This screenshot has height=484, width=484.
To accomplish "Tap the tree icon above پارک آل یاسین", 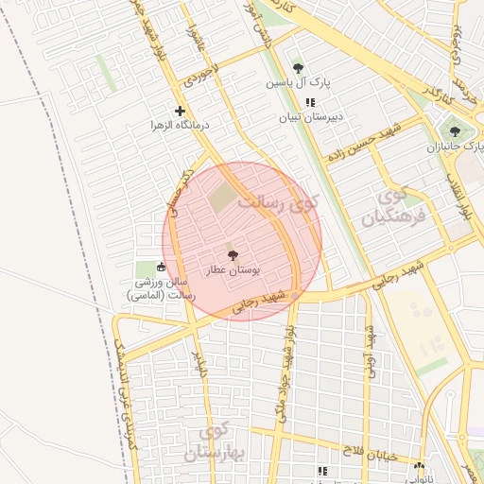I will click(299, 68).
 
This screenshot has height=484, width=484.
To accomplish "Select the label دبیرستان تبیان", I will click(308, 118).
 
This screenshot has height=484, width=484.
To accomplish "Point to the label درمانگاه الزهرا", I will click(180, 125).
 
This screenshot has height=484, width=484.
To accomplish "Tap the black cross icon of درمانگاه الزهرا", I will click(180, 111).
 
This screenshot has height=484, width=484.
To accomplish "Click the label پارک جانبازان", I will click(456, 147).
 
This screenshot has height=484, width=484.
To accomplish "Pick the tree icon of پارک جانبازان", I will click(456, 132).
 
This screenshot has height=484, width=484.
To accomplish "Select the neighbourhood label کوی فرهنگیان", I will click(389, 207).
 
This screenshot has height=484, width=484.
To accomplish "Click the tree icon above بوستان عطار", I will click(233, 254).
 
